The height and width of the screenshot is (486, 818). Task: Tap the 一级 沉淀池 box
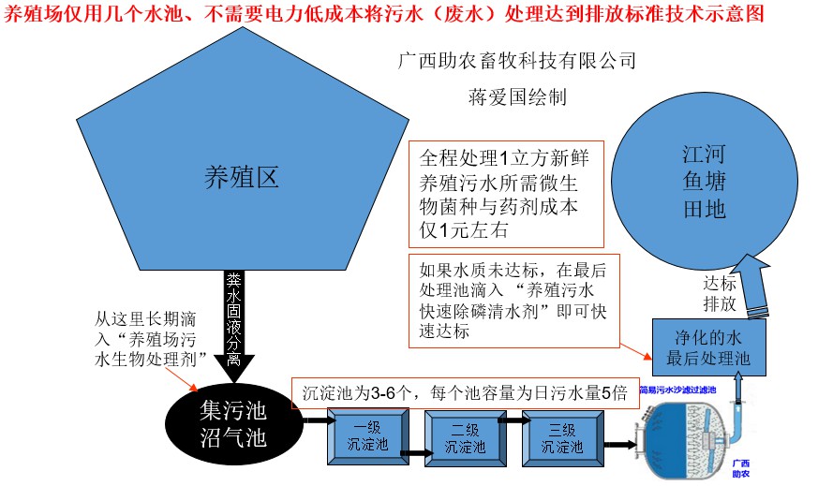364,439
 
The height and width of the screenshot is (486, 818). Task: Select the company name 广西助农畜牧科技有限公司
517,62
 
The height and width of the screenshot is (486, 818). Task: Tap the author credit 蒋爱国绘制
516,96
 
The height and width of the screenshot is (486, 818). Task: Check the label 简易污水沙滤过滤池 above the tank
677,389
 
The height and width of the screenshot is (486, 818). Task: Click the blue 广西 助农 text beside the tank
740,468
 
